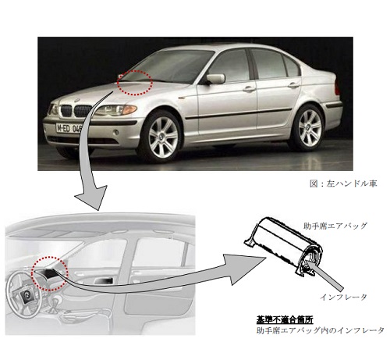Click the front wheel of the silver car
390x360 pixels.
[x=163, y=137]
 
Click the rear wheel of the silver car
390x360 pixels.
[x=310, y=128]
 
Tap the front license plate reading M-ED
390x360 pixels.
[x=69, y=128]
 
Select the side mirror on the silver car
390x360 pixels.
[x=215, y=79]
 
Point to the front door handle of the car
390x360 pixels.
[x=249, y=89]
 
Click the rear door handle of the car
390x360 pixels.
[x=293, y=85]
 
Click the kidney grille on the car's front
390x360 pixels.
[x=76, y=111]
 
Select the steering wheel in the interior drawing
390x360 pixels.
[x=24, y=294]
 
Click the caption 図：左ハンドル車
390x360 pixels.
[x=343, y=184]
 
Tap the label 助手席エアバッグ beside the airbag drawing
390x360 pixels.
[x=335, y=226]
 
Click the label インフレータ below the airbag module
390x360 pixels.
[x=343, y=297]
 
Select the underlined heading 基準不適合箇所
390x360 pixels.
[x=285, y=319]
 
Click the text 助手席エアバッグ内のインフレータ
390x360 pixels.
[x=320, y=330]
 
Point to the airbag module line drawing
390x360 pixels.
[x=283, y=245]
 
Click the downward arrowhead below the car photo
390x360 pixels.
[x=91, y=197]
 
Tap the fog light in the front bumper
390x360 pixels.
[x=116, y=132]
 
